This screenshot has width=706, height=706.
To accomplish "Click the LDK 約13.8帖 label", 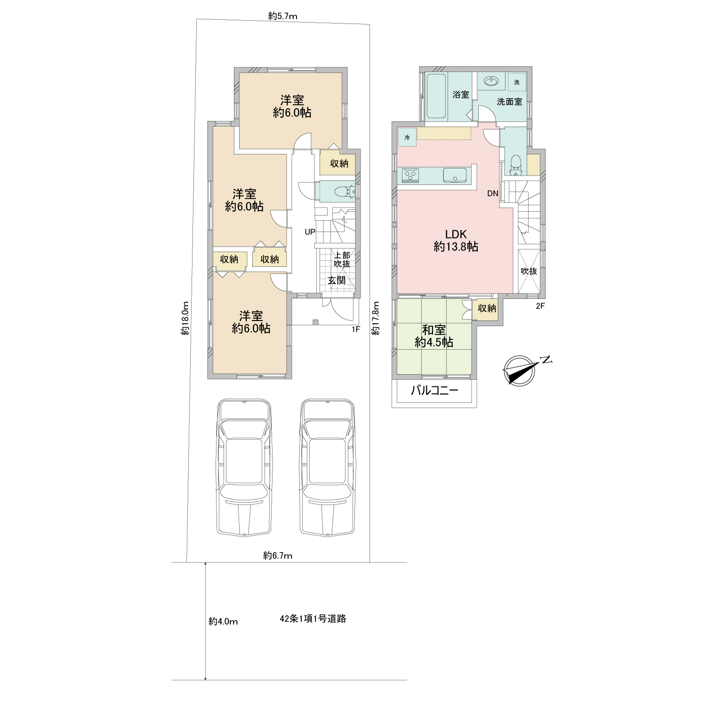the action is pos(456,240).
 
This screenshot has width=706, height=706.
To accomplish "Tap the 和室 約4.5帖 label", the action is pos(434,336).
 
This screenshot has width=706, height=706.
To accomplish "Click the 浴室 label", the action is pos(461,94).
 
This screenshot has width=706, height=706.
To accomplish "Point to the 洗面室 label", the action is pos(510,101).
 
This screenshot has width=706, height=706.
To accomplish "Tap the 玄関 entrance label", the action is pos(337,281).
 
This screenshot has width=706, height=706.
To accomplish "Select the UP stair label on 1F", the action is pos(310,232).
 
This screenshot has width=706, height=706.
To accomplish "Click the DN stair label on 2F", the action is pos(492,193).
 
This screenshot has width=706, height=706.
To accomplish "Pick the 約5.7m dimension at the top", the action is pos(283,16).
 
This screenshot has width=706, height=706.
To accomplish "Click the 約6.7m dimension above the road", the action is pos(278,555).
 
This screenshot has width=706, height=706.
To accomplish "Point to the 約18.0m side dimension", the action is pos(186,318).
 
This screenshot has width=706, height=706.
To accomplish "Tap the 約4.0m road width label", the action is pos(223,622).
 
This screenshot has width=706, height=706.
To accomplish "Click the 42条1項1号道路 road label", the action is pos(313,619).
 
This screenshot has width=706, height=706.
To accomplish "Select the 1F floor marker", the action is pos(356,329).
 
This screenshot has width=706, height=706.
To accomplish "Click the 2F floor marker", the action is pos(540,306).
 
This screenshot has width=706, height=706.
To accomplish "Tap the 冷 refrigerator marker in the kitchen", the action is pos(407,138).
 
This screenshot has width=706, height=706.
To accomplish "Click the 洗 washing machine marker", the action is pos(517,82).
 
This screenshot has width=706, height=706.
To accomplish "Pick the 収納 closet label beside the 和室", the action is pos(487,308).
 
